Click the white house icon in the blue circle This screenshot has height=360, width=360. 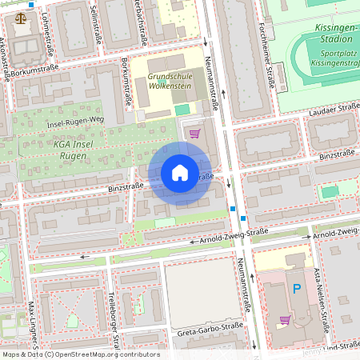click(x=180, y=173)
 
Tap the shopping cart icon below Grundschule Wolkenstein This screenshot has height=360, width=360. click(x=193, y=133)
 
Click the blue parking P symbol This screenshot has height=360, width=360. click(x=297, y=289)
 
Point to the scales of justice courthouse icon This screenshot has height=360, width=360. click(x=20, y=15)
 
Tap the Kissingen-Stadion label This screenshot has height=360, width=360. click(x=328, y=32)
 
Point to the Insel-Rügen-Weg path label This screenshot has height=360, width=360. click(x=76, y=122)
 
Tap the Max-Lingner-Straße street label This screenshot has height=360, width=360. click(x=33, y=328)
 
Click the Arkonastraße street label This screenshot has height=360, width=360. click(x=7, y=56)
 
